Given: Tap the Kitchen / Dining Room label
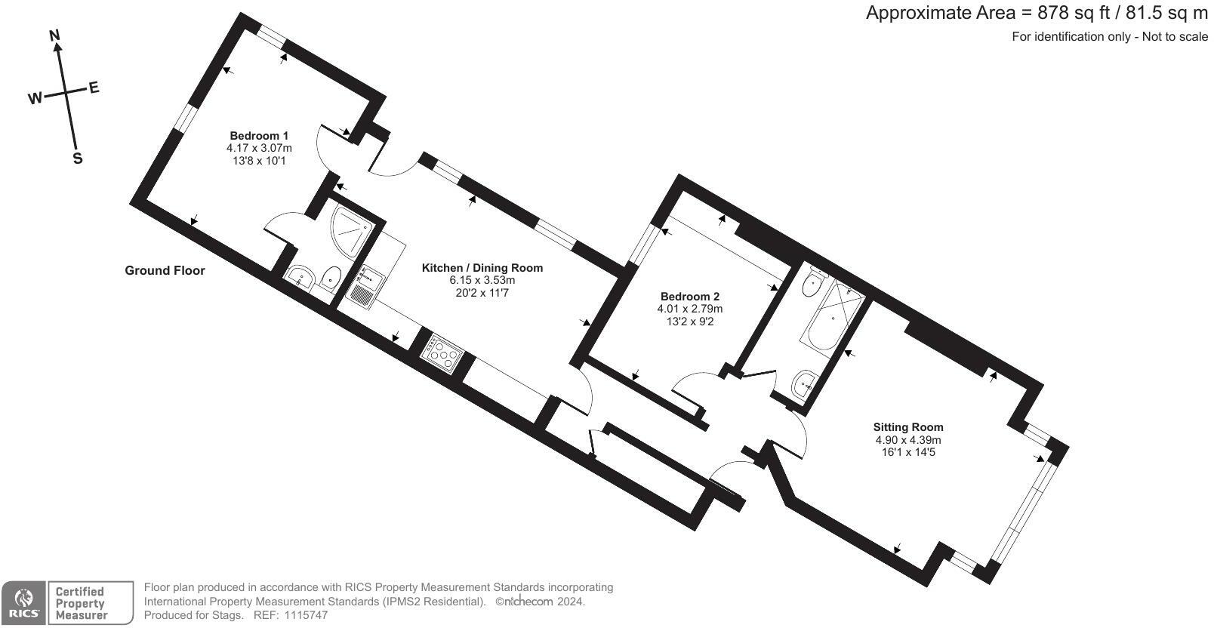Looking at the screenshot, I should [482, 268].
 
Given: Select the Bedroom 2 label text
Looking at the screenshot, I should [689, 297].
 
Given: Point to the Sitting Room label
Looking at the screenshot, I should [908, 427].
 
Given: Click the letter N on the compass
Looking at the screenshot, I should [54, 35].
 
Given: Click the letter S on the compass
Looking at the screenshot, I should [77, 159].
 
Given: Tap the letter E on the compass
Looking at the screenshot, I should [94, 88].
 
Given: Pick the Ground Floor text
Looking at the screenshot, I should [165, 270].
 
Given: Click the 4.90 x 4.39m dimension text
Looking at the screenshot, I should [908, 440].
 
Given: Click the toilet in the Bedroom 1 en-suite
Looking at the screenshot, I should [331, 279].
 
